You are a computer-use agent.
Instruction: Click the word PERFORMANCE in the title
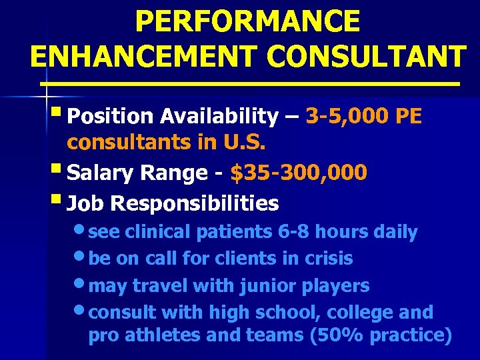point(247,21)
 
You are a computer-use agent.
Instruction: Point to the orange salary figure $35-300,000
point(298,173)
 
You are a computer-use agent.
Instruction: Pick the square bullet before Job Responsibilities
point(59,199)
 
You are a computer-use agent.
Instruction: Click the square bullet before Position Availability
point(59,114)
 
